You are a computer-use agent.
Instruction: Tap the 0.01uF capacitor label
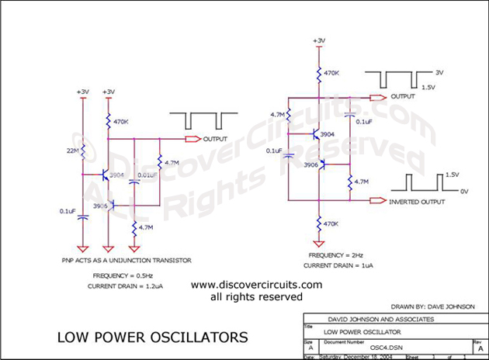point(147,176)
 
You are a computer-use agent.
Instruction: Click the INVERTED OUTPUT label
point(418,201)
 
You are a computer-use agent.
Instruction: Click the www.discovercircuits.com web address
point(256,285)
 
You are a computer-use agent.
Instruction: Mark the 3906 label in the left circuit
point(102,206)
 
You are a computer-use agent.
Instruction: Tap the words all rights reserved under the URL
point(256,296)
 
